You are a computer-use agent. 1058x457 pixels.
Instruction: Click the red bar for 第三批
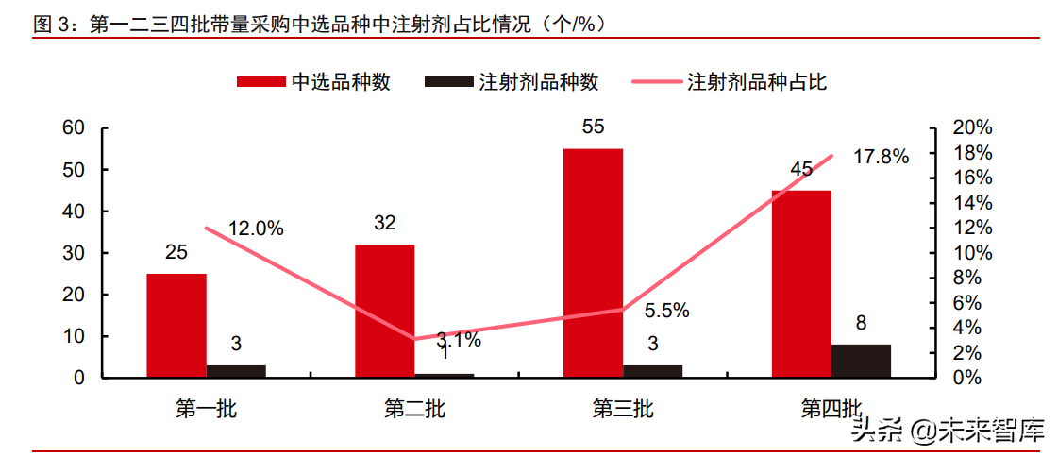point(593,262)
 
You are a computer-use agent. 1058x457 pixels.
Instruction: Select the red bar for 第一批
point(176,325)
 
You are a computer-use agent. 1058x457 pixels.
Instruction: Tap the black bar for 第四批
point(860,361)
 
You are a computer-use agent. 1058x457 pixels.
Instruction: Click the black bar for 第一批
point(236,371)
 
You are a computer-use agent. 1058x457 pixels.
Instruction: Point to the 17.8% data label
point(881,157)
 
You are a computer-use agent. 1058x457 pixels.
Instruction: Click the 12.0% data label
point(256,228)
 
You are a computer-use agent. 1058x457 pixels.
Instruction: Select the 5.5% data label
point(666,310)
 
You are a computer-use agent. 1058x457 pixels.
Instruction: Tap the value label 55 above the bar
point(593,127)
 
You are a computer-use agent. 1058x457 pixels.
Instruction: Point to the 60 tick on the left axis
point(74,127)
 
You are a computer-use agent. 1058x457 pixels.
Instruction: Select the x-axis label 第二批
point(414,409)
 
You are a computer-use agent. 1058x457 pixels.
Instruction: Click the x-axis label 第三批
point(622,409)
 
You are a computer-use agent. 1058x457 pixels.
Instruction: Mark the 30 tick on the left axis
point(74,253)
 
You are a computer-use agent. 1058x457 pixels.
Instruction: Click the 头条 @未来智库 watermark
point(947,432)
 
